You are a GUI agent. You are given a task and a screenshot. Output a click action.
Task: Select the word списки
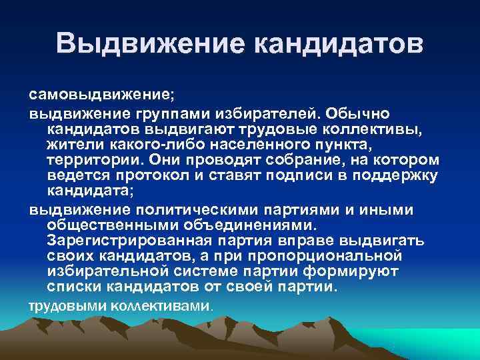[x=71, y=287]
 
